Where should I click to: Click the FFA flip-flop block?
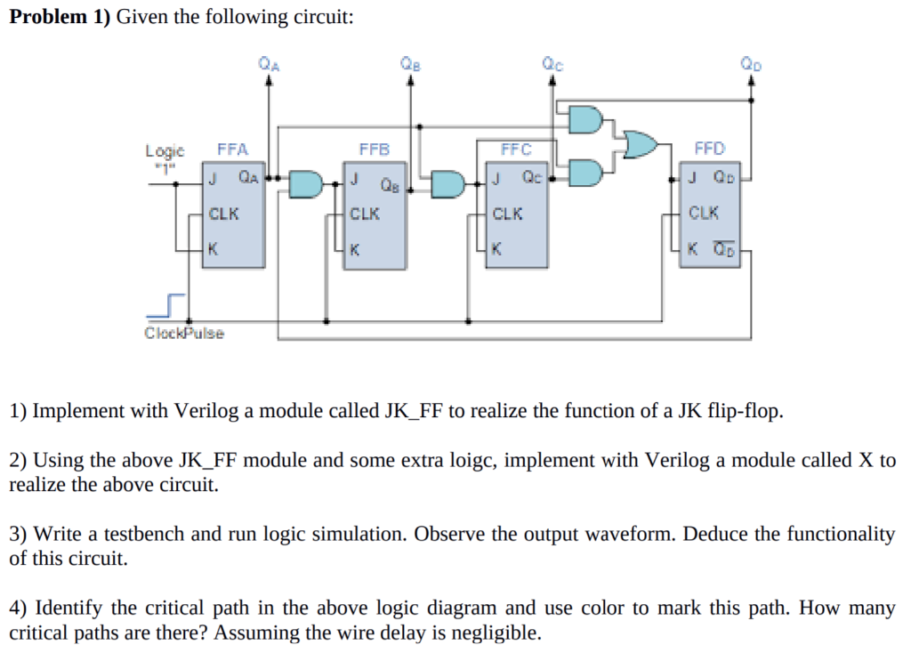coord(234,214)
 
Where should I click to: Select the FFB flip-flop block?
coord(375,214)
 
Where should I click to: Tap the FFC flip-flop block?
coord(518,214)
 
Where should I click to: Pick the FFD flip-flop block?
coord(711,214)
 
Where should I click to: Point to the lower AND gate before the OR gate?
coord(585,171)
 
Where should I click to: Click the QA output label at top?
coord(267,63)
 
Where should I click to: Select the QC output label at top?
coord(552,63)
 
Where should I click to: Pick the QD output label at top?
coord(751,63)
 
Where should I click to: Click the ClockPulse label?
coord(184,333)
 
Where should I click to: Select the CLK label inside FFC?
coord(507,214)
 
